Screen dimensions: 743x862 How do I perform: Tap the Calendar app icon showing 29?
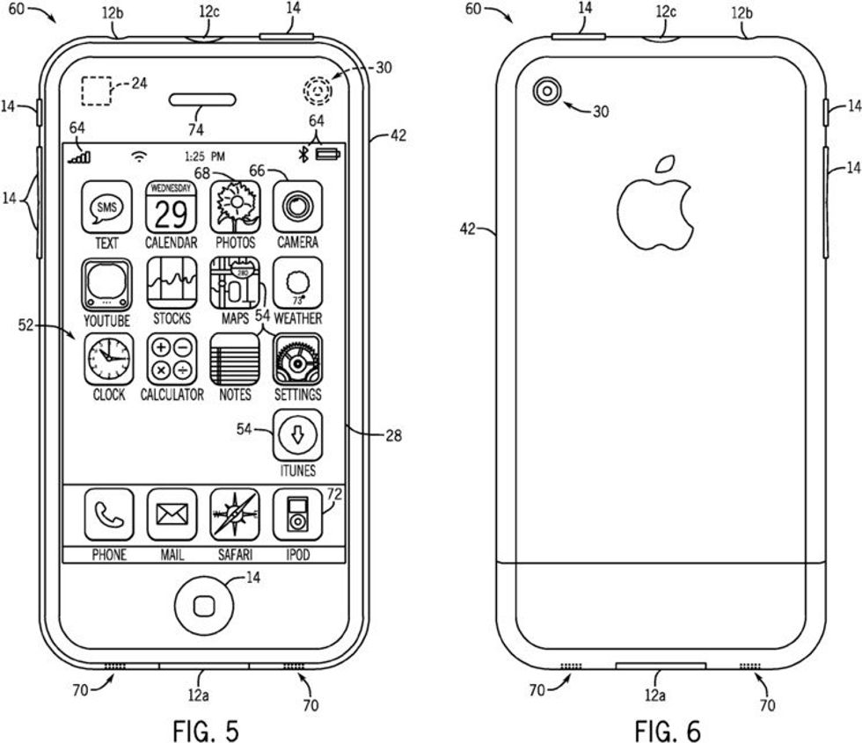pos(171,208)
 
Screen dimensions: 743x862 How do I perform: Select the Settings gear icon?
pos(297,359)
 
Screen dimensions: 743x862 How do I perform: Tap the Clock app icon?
pos(108,359)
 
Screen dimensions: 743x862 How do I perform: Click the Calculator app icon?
pos(171,359)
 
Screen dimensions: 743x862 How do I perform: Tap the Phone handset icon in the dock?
pos(108,515)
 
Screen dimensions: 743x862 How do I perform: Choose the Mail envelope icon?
pos(171,515)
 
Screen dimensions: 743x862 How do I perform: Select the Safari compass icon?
pos(235,515)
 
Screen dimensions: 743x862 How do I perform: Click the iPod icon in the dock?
pos(297,515)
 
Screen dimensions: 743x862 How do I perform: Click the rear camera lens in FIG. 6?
pos(548,91)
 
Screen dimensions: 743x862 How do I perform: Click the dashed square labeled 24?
pos(96,91)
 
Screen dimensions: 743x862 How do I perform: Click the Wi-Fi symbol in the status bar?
pos(139,157)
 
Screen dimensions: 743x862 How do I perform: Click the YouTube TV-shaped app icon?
pos(108,283)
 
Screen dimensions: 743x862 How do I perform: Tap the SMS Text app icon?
pos(108,208)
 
